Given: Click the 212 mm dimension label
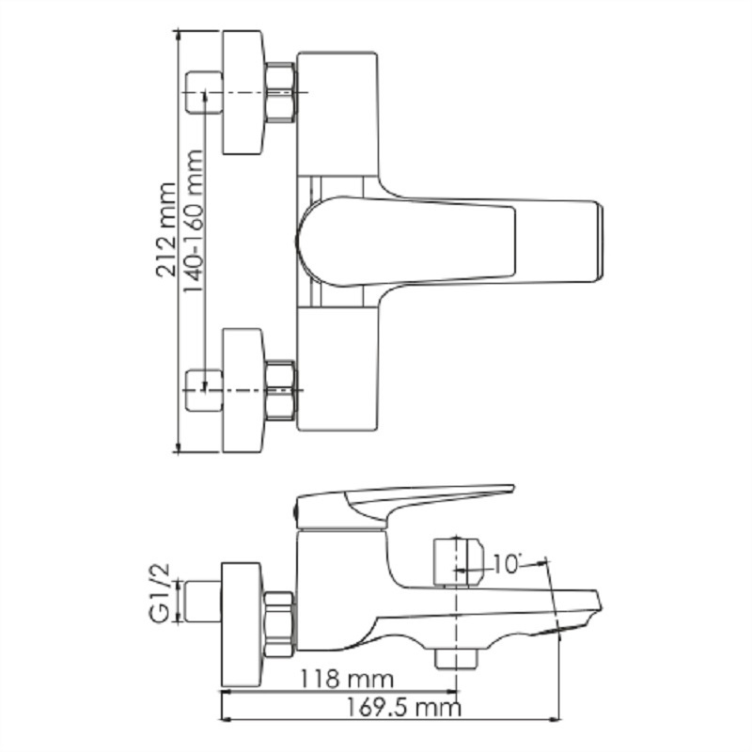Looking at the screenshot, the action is [x=166, y=229].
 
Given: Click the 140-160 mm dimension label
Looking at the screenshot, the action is [x=193, y=221].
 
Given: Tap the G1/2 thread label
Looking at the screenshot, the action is [x=160, y=593].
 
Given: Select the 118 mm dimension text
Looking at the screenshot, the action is [x=346, y=679].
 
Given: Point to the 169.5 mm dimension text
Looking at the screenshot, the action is [x=403, y=707].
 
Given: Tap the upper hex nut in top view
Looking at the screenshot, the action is [x=280, y=91].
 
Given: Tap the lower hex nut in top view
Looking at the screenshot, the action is [x=280, y=390].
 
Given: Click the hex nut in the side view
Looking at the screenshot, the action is [x=279, y=624].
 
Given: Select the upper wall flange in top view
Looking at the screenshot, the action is [x=243, y=92].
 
